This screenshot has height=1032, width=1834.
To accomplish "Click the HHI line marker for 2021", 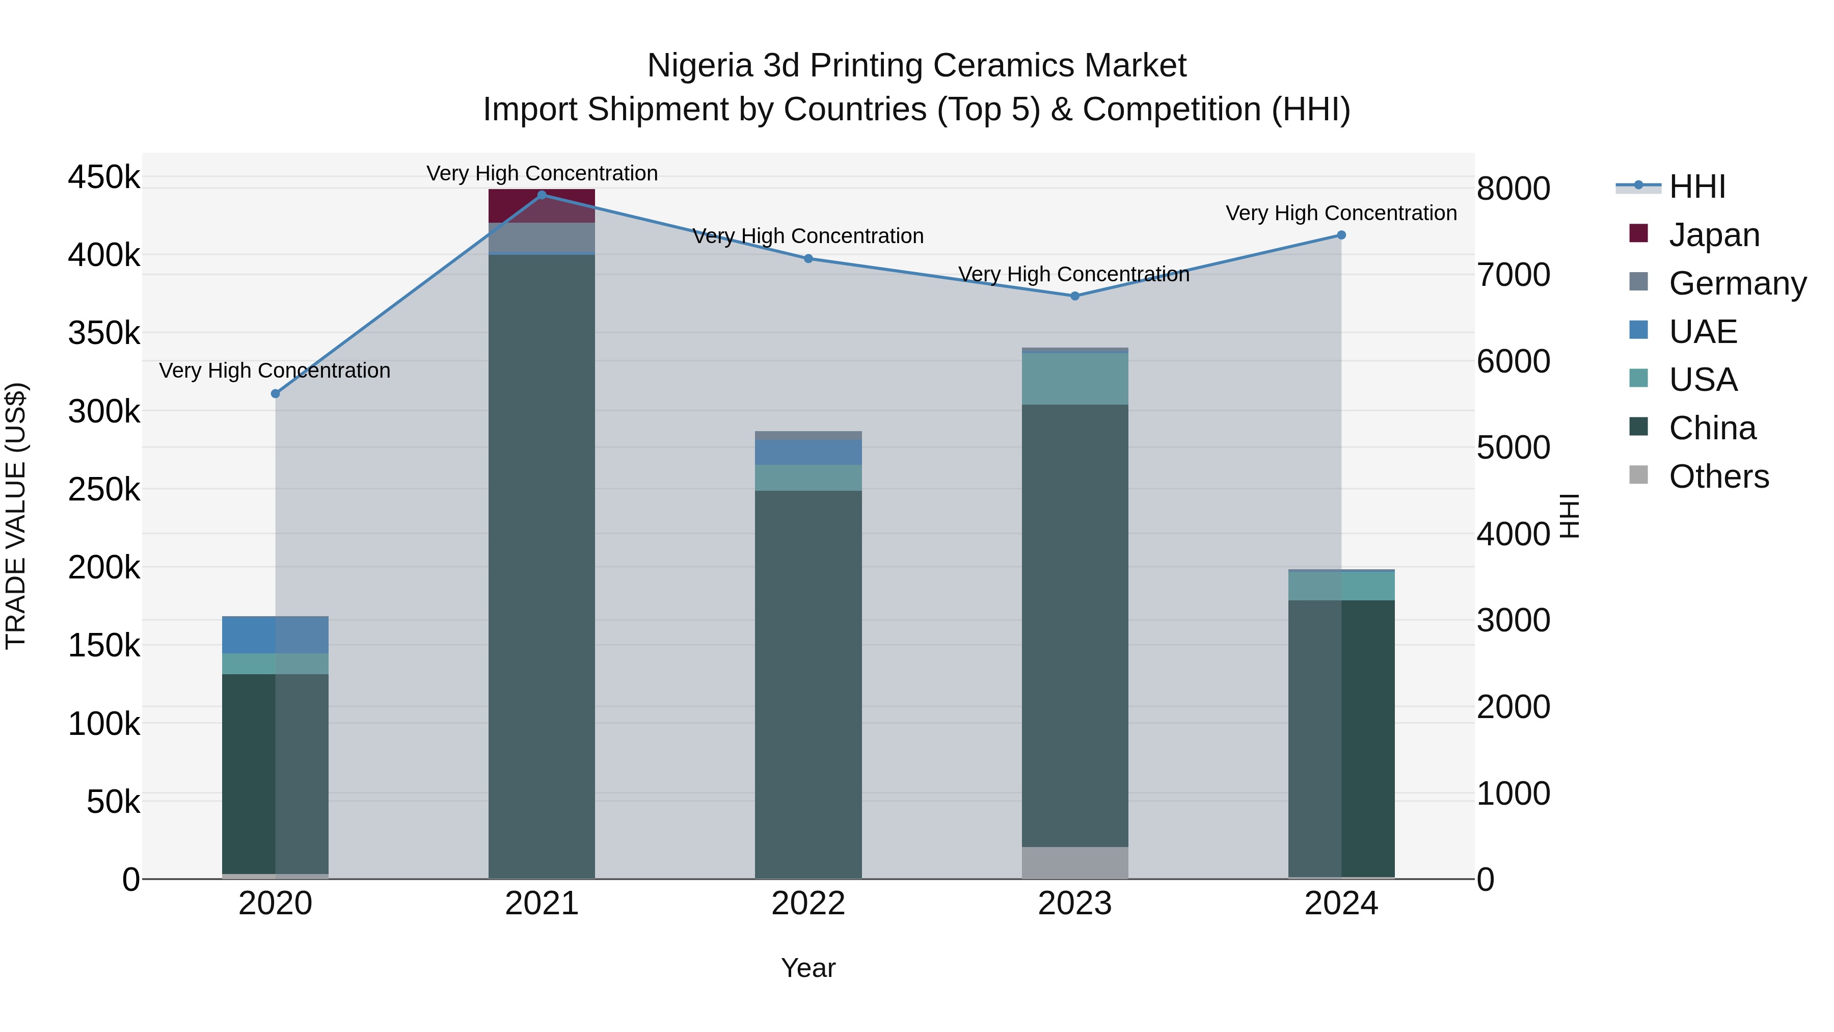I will click(542, 195).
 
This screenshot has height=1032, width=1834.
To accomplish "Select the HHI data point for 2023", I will click(1075, 296).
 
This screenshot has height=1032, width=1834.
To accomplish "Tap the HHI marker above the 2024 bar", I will click(1341, 235).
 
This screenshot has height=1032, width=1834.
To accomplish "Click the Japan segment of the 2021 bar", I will click(542, 206).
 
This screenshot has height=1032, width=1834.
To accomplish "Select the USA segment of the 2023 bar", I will click(1075, 379).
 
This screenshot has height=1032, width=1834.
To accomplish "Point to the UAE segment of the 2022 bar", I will click(808, 452).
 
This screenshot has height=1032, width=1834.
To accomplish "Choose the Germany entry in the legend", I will click(1737, 283).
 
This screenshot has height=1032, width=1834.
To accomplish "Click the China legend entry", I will click(1712, 429).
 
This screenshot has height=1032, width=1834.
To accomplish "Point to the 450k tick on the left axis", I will click(104, 177).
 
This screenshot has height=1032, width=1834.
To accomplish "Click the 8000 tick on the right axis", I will click(1513, 189).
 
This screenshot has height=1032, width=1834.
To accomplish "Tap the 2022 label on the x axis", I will click(808, 904).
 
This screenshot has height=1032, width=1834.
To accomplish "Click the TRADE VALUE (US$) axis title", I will click(16, 516).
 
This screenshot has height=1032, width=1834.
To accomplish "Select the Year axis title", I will click(808, 968).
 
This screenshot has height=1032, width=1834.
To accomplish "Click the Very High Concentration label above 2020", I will click(275, 371).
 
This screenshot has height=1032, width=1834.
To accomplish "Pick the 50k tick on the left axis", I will click(113, 802).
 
